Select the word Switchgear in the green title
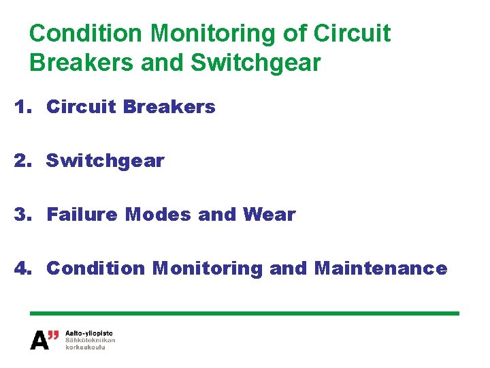(256, 63)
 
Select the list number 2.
(22, 161)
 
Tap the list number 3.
(22, 215)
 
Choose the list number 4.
(22, 269)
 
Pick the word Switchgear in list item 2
(105, 161)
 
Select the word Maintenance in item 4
(381, 269)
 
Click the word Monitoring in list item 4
(208, 269)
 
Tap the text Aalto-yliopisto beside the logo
(89, 333)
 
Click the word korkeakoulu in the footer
(85, 347)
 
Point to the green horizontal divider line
(245, 313)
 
